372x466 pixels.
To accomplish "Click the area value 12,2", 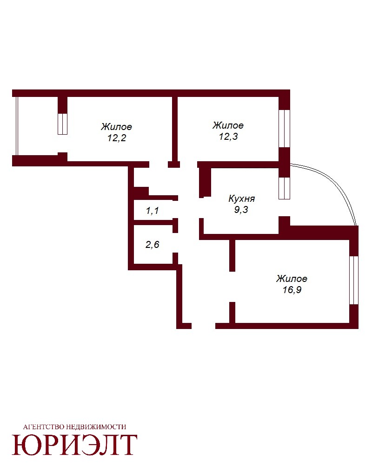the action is tap(117, 138).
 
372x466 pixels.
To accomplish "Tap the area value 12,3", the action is tap(228, 137).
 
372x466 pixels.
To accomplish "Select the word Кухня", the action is tap(241, 198).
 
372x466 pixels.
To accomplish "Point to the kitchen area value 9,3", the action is tap(241, 210).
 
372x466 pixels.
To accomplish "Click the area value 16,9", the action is tap(292, 289).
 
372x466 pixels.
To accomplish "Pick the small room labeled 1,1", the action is tap(153, 211).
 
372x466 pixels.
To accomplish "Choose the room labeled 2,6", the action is tap(153, 244).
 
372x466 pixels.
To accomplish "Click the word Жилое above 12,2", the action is tap(116, 127).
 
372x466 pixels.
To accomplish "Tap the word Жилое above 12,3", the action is tap(228, 125).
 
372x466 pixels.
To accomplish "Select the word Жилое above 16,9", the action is tap(292, 279).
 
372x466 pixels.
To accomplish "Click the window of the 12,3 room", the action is tap(284, 129).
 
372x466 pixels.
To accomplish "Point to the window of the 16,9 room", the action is tap(354, 280).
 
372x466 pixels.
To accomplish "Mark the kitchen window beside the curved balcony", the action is tap(284, 188).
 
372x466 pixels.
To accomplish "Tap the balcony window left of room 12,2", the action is tap(62, 124).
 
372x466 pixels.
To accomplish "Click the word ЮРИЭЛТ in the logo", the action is tap(74, 445).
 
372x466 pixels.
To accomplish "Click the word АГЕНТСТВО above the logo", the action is tap(44, 427).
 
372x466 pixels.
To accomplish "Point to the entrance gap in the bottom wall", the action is tap(203, 326).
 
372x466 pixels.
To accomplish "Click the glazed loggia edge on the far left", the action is tap(17, 126).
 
